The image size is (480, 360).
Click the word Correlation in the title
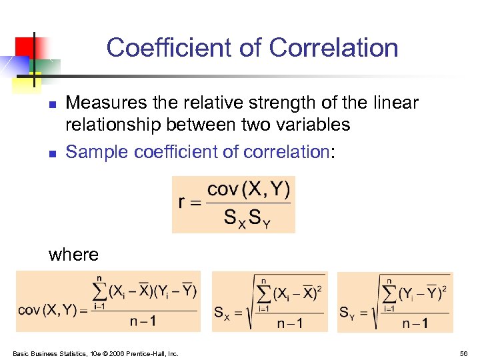(333, 48)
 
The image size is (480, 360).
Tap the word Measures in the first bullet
(99, 103)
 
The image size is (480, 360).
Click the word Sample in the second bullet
(97, 152)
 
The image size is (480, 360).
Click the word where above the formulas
(73, 254)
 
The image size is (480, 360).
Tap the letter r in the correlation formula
(182, 202)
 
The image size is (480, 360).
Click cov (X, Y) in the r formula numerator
(249, 190)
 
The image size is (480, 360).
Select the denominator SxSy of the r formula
(247, 218)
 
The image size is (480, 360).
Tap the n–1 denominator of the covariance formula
(143, 321)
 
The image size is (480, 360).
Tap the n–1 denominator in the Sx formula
(290, 323)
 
